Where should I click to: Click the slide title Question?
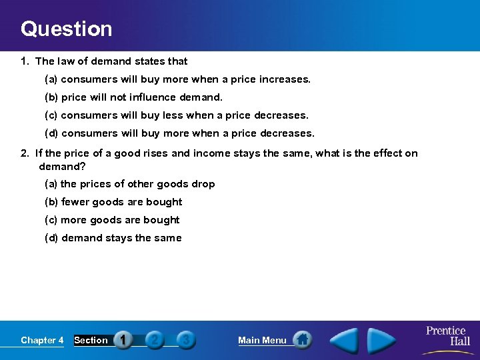[66, 29]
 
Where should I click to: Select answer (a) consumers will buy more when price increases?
[177, 79]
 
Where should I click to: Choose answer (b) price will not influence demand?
[133, 97]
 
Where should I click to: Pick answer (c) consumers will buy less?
[176, 115]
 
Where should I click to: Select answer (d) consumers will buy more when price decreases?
[179, 133]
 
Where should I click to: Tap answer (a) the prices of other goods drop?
[129, 184]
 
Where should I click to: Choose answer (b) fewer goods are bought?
[113, 202]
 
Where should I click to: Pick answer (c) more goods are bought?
[111, 220]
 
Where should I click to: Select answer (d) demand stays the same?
[113, 238]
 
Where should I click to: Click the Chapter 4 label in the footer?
[42, 340]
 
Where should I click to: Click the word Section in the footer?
[91, 340]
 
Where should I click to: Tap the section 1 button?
[123, 340]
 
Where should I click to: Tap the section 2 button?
[155, 340]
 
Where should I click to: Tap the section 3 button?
[186, 340]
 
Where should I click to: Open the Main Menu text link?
[262, 340]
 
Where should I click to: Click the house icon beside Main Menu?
[303, 340]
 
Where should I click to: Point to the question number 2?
[25, 153]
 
